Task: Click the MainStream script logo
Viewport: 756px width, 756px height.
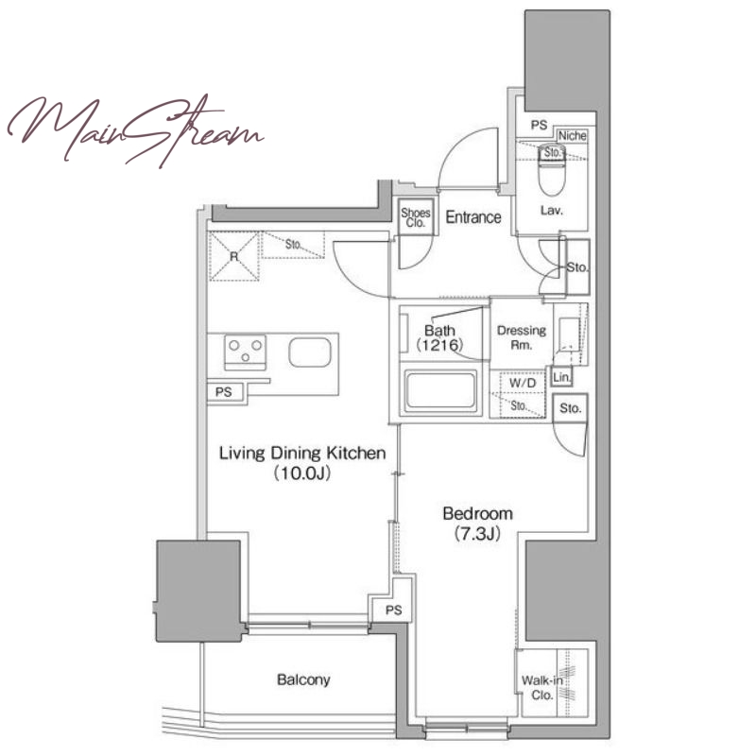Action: (135, 130)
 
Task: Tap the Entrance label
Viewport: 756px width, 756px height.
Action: (473, 217)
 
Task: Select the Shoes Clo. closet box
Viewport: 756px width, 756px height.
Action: (416, 217)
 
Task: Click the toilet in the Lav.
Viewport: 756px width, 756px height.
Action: (552, 170)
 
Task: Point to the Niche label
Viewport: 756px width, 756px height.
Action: (573, 136)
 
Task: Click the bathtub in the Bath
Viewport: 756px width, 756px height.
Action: (440, 390)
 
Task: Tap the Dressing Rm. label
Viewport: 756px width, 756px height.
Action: (522, 337)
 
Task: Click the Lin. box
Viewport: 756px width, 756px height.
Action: (561, 376)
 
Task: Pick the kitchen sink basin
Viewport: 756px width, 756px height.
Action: (310, 352)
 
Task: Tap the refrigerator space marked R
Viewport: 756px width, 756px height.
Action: (233, 256)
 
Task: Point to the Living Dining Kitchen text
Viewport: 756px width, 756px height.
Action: (302, 454)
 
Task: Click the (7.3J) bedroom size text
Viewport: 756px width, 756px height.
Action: (477, 534)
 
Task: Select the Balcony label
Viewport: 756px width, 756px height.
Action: (303, 679)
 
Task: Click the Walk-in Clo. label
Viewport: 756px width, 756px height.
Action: (541, 688)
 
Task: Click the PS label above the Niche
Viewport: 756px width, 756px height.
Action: (539, 125)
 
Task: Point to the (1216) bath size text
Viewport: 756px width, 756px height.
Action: (439, 344)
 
